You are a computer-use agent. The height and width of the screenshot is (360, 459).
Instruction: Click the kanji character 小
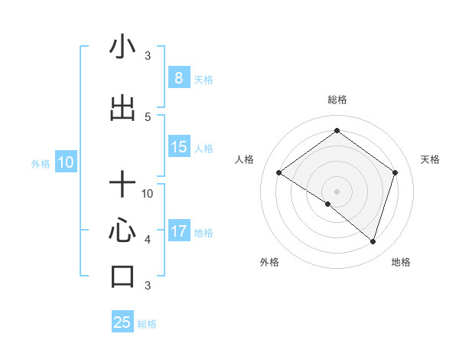123,47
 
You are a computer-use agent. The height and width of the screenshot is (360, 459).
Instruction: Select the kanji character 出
123,109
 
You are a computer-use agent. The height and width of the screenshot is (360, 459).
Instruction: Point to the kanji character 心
123,230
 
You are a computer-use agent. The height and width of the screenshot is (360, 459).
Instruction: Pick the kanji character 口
123,276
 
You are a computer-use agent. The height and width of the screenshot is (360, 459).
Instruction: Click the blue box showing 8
178,78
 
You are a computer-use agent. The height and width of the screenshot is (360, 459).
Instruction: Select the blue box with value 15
179,147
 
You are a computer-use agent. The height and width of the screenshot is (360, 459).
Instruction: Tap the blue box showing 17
179,232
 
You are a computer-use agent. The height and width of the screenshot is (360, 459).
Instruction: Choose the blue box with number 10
66,162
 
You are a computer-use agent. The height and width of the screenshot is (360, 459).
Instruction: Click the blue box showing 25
122,322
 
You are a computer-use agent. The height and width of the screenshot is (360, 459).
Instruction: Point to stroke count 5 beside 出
148,117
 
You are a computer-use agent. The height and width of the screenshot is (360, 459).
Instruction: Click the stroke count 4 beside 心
148,239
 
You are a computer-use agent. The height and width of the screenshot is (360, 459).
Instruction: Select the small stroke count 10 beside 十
148,193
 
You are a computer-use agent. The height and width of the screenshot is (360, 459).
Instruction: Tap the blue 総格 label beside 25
147,324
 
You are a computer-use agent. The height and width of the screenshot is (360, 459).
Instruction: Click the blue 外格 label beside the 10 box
41,163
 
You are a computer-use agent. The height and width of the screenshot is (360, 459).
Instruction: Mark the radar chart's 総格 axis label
337,100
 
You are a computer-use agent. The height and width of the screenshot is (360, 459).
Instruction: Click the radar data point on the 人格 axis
279,173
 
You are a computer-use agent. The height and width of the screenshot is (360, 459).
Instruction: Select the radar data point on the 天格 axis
395,172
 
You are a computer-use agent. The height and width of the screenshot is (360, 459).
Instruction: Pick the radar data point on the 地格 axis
373,241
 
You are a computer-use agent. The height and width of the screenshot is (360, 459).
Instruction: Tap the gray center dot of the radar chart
337,191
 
